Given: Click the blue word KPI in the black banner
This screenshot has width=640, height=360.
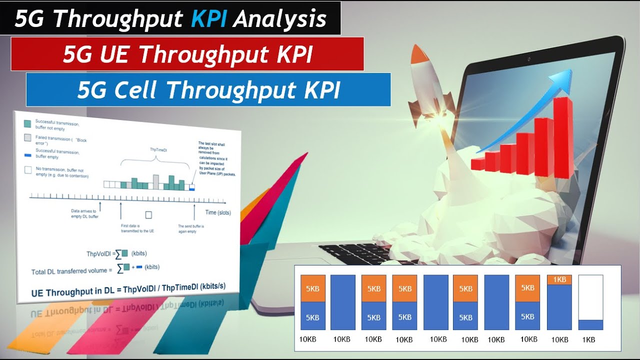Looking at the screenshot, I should [209, 19].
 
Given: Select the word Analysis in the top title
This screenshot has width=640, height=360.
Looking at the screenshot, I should [279, 19].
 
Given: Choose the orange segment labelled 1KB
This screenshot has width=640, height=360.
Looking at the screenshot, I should [559, 279].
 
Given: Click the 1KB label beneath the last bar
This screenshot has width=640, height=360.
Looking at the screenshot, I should [589, 339].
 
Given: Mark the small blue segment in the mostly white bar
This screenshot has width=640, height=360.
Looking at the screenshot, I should [590, 324].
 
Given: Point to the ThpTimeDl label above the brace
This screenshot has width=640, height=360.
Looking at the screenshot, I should [159, 149].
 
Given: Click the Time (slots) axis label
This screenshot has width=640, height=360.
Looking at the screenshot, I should [218, 212].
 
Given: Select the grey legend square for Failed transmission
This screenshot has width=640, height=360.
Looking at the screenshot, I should [27, 137].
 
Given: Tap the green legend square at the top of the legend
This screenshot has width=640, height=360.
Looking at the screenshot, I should [27, 123].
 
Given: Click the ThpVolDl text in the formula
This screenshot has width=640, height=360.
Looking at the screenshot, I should [98, 254].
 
